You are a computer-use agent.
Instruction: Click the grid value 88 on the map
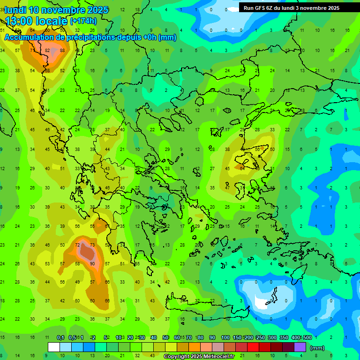click(62, 51)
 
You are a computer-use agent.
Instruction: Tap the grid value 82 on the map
click(47, 51)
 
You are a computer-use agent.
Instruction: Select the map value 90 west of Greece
click(92, 264)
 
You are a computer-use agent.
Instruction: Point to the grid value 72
click(77, 245)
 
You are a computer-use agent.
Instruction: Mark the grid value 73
click(92, 245)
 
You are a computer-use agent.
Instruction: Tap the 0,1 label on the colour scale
click(60, 337)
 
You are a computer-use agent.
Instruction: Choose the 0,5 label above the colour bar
click(72, 337)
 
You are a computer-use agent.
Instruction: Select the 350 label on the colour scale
click(284, 337)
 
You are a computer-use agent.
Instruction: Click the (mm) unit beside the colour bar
click(317, 348)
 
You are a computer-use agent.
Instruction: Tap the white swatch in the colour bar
click(54, 347)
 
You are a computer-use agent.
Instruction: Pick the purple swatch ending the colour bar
click(300, 347)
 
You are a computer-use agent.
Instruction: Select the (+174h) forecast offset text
click(83, 21)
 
